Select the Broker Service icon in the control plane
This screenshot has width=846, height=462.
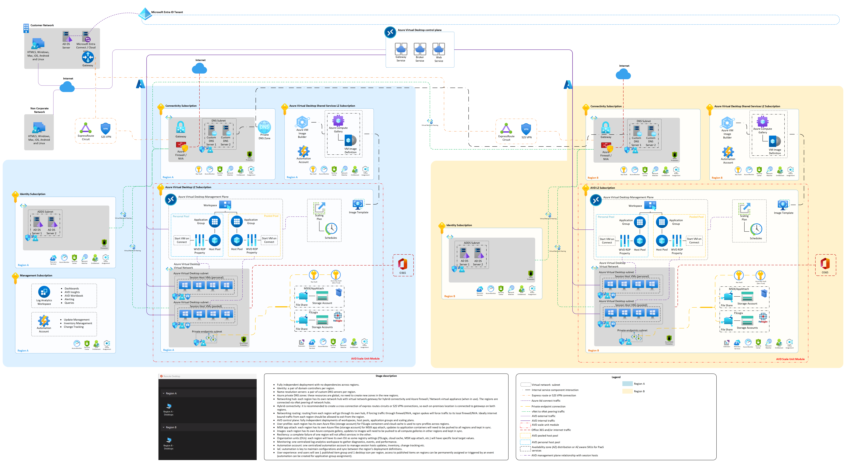420,49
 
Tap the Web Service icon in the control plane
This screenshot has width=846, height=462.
439,49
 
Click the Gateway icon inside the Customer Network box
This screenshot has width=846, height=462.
88,57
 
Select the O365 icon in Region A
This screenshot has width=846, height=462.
403,264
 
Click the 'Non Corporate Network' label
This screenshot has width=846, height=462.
39,110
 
